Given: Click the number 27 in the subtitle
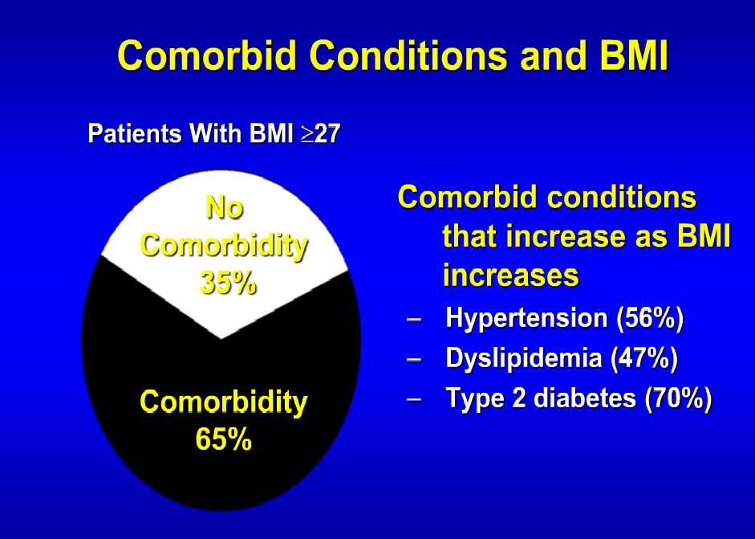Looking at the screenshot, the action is pos(328,133).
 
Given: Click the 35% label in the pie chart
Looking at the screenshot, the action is pos(228,284).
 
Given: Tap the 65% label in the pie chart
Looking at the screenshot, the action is pos(223,439).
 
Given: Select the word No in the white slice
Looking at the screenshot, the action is pos(225,208).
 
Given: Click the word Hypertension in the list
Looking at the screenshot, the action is pos(527,318).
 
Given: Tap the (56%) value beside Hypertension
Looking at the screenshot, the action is pos(650,318).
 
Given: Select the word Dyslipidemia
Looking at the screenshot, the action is pos(524,358).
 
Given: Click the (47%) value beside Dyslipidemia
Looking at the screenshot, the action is pos(644,358).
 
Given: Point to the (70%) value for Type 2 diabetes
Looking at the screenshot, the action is pos(678,398).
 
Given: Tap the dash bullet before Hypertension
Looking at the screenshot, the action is pos(414,320).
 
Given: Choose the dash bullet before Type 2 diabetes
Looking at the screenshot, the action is pos(414,400).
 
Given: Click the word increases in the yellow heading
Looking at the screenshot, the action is pos(511,276).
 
